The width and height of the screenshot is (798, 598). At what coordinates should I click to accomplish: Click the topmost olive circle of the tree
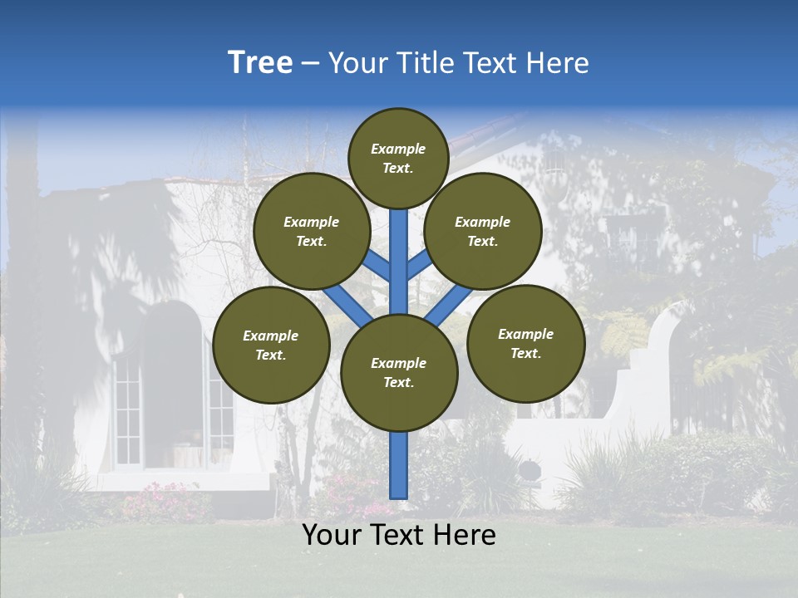(x=398, y=158)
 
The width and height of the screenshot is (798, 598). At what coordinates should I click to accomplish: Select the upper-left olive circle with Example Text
(x=312, y=231)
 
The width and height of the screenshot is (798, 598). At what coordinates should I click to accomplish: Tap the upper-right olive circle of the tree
(x=483, y=231)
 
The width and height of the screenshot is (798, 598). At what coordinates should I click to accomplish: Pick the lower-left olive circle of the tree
(x=271, y=345)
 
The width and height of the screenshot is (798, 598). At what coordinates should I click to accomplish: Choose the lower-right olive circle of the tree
(x=525, y=343)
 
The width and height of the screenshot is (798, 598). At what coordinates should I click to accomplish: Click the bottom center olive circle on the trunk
(x=399, y=373)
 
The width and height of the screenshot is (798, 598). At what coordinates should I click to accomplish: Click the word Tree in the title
(x=260, y=62)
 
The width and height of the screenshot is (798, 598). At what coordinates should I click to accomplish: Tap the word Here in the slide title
(x=558, y=63)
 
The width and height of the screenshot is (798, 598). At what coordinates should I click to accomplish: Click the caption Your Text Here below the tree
(x=399, y=535)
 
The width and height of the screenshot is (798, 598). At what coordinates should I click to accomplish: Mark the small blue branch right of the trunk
(x=418, y=265)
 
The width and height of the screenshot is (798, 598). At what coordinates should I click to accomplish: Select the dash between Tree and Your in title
(x=310, y=63)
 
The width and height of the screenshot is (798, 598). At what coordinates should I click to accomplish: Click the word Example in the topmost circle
(x=398, y=149)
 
